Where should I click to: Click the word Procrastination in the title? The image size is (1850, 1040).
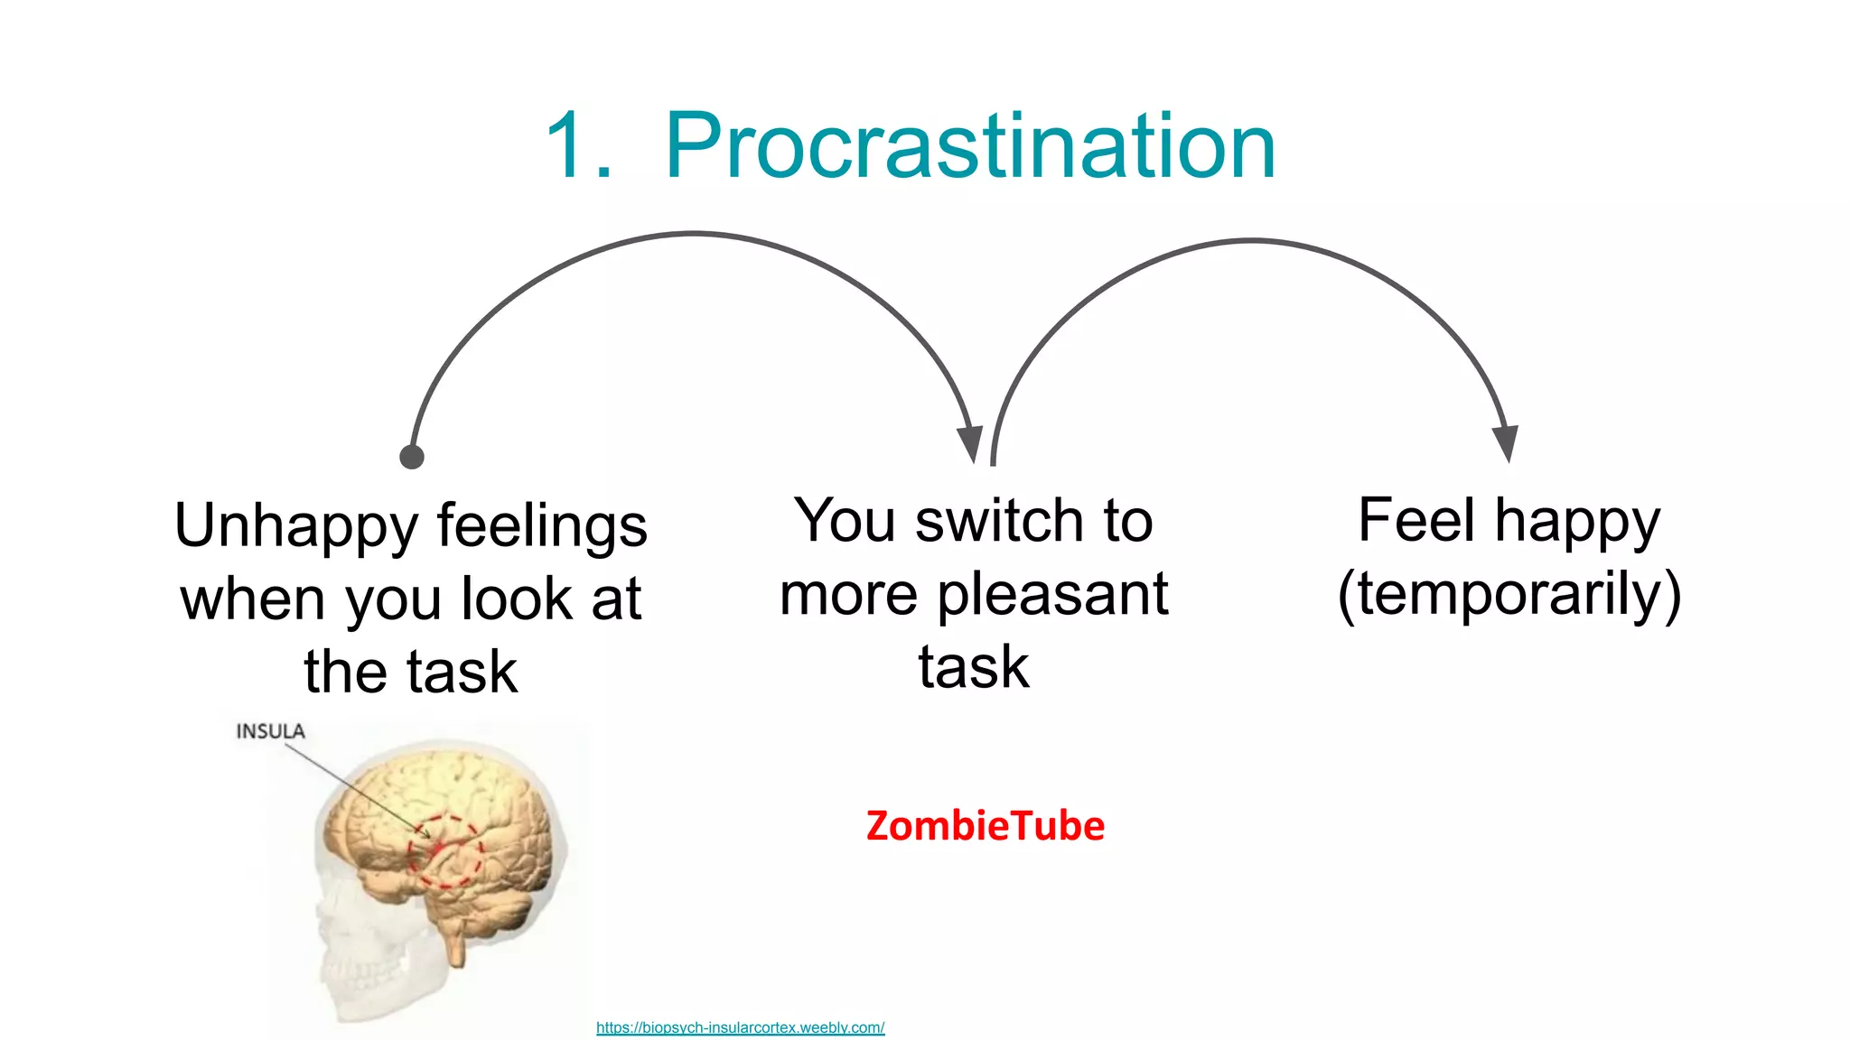coord(970,147)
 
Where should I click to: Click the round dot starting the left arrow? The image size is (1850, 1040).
coord(412,457)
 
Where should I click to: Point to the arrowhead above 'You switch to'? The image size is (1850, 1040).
coord(969,443)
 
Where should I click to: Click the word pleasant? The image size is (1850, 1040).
coord(1053,595)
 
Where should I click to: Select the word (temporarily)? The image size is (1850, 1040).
coord(1509,595)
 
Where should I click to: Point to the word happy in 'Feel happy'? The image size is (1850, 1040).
coord(1577,523)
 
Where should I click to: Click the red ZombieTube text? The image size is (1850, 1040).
coord(985,826)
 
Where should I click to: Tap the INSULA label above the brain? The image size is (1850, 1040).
coord(270,731)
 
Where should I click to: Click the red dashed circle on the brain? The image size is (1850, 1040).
coord(444,851)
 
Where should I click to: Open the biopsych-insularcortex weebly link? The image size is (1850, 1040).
coord(740,1027)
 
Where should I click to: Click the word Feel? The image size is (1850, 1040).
coord(1416,521)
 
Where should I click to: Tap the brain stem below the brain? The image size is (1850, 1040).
coord(455,943)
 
